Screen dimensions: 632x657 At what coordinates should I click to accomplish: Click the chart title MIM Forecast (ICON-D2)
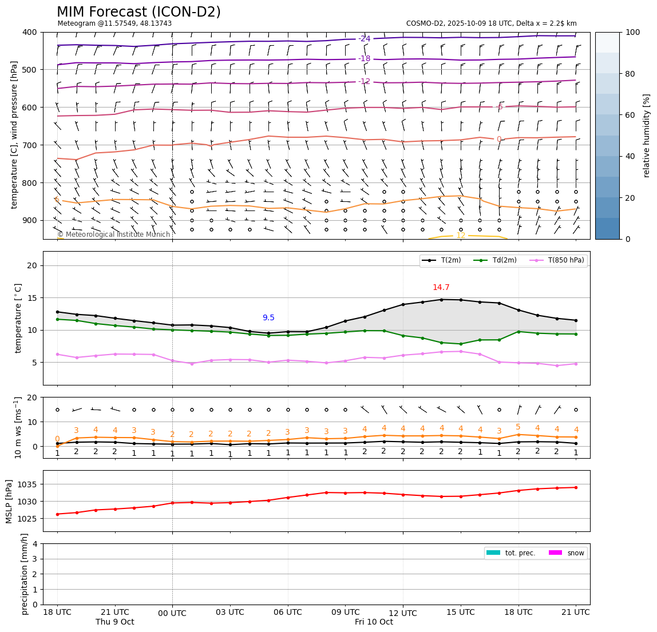pos(138,12)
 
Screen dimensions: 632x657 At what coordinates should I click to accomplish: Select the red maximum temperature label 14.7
pos(441,288)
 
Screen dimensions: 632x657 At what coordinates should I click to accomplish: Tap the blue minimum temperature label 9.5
pos(268,318)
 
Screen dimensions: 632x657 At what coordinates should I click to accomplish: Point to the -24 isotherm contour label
pos(365,39)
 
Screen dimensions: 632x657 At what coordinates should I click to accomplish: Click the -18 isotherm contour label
pos(365,59)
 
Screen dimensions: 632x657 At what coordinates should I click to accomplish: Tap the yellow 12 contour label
pos(461,236)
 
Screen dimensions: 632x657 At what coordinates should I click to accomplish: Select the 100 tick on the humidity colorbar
pos(632,32)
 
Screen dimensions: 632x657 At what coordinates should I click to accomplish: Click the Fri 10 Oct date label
pos(374,622)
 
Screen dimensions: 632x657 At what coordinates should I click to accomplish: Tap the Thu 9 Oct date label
pos(114,622)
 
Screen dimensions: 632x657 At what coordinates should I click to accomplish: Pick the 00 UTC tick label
pos(172,613)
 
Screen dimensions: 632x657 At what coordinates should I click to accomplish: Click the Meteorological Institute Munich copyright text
pos(113,234)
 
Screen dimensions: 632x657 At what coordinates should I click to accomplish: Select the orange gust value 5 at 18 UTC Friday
pos(518,427)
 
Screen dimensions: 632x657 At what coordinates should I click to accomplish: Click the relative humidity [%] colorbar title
pos(647,136)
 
